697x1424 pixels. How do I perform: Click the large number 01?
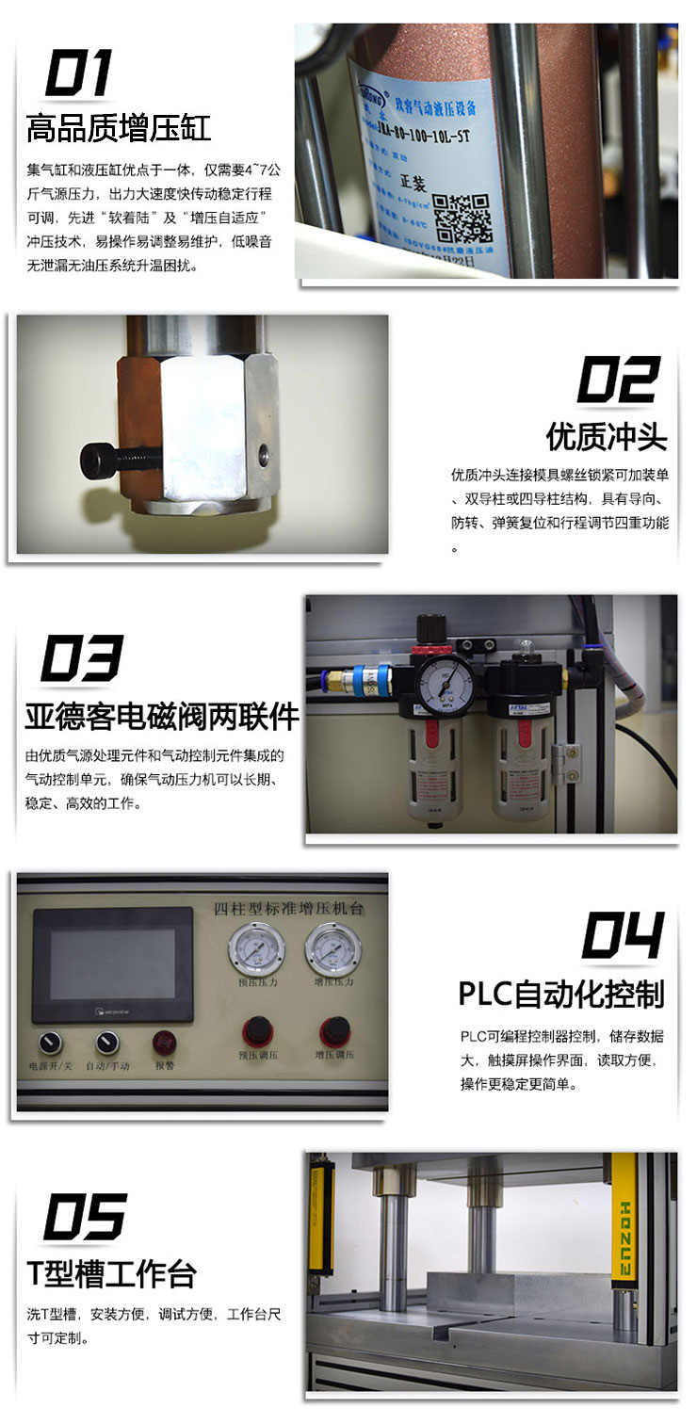click(x=79, y=73)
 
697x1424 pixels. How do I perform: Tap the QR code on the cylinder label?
click(x=466, y=218)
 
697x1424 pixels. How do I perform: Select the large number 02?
click(x=618, y=380)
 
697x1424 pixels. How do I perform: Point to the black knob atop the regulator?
click(x=432, y=628)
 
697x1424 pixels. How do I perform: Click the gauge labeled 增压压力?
click(x=333, y=948)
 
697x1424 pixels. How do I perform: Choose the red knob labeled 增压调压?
click(x=332, y=1030)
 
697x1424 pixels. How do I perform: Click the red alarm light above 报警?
click(x=164, y=1042)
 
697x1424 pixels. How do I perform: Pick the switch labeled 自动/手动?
click(x=106, y=1043)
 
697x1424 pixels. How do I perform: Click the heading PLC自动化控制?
click(x=561, y=994)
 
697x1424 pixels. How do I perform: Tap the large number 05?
click(x=85, y=1216)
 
